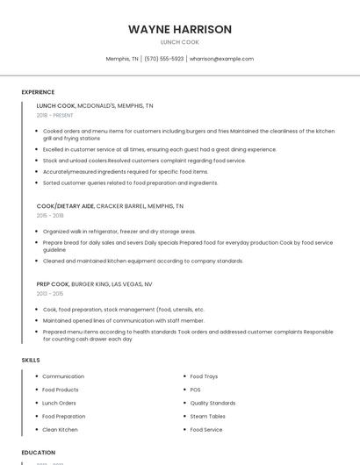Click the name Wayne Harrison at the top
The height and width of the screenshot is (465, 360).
tap(180, 29)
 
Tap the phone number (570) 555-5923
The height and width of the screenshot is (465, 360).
tap(164, 59)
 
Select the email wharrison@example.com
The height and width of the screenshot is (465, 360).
tap(221, 59)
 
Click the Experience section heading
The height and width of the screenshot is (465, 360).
tap(38, 92)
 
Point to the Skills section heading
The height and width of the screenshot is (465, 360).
tap(31, 360)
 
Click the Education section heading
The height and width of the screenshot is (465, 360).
tap(39, 453)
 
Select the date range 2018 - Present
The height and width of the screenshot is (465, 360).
tap(55, 115)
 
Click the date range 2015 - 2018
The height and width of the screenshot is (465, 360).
tap(50, 215)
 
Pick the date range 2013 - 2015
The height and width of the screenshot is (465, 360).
tap(49, 294)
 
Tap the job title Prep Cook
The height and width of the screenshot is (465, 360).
tap(52, 284)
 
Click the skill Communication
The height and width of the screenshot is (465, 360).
tap(63, 376)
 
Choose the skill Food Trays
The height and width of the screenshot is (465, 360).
tap(204, 376)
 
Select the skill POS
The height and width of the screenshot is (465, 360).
tap(195, 390)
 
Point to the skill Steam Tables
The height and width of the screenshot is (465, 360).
tap(207, 416)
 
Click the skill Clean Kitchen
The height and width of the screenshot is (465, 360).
tap(60, 430)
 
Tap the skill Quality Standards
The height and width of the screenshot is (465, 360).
tap(212, 403)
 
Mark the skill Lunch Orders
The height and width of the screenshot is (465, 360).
tap(59, 403)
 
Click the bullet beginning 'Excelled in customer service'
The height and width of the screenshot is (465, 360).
tap(148, 150)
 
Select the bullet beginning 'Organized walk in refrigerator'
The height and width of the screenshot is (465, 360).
tap(119, 232)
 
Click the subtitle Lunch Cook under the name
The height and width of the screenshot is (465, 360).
tap(180, 42)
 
